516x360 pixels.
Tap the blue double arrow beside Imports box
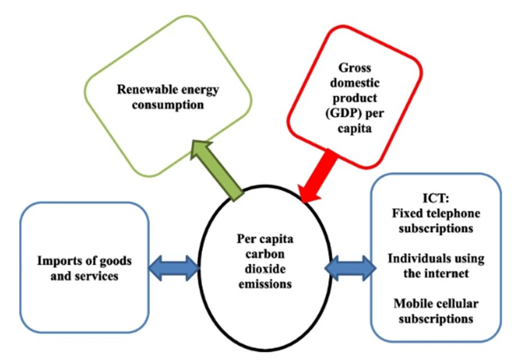[174, 266]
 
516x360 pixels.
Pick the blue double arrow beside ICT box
[351, 265]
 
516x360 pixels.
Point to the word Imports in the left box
[56, 261]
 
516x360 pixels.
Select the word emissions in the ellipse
[264, 284]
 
